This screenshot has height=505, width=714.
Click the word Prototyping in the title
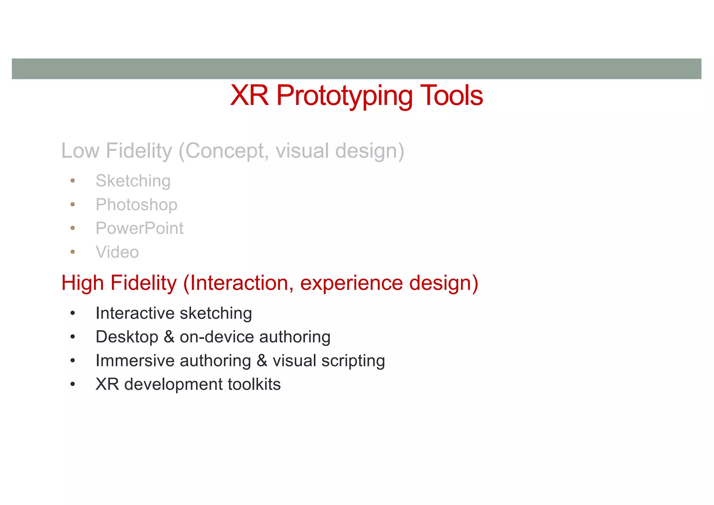pos(344,96)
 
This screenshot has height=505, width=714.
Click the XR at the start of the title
pos(249,95)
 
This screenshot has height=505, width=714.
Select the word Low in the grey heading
pos(80,151)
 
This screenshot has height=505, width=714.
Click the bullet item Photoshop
pos(136,205)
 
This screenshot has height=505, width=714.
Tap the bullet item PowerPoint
pos(139,228)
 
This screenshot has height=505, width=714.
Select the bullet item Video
pos(117,252)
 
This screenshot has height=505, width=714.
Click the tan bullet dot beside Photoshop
pos(73,204)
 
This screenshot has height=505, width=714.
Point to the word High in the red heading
pos(82,283)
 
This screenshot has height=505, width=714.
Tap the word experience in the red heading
pos(351,283)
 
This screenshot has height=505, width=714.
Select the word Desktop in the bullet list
pos(127,337)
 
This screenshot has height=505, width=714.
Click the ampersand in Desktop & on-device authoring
pos(169,337)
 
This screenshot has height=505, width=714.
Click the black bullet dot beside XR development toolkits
pos(73,384)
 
